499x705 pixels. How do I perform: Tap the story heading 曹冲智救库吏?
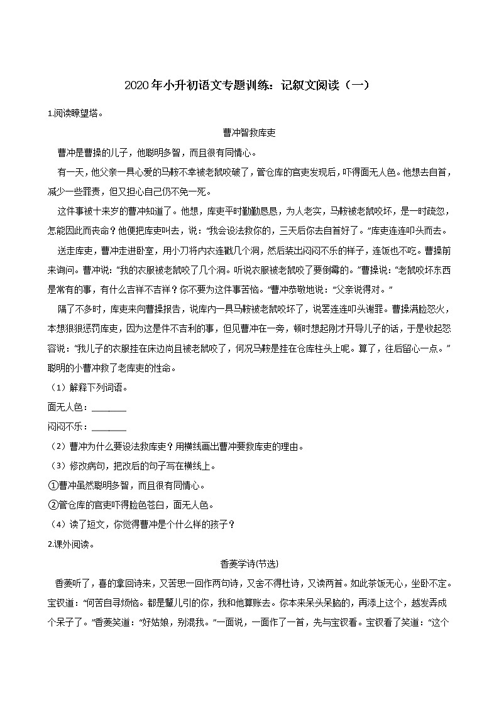click(249, 133)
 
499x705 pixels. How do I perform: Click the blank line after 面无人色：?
click(109, 408)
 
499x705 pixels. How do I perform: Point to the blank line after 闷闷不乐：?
click(109, 428)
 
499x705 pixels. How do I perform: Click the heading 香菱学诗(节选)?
click(249, 564)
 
